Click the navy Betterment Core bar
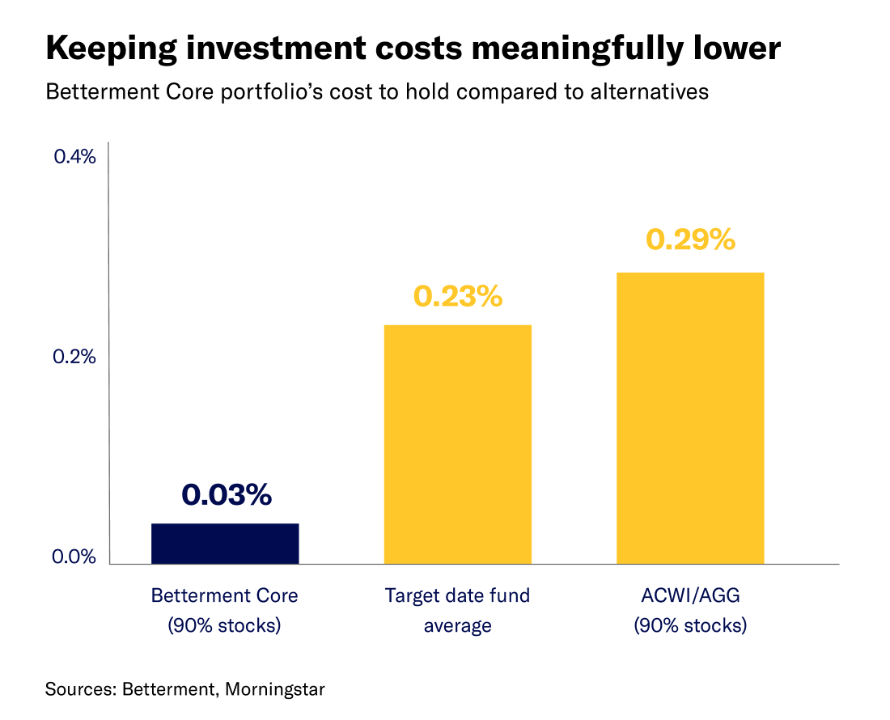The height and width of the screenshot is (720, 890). (x=225, y=543)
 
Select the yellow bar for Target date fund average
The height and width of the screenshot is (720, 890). (x=457, y=444)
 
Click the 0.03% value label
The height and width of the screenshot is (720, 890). (x=226, y=494)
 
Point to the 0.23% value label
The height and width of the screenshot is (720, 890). (x=458, y=296)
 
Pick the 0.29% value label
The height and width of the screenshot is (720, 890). (x=690, y=239)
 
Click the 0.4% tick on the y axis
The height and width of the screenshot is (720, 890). (x=74, y=157)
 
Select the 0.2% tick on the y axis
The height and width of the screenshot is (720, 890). (x=74, y=357)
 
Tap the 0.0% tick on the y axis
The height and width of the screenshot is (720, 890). (x=74, y=557)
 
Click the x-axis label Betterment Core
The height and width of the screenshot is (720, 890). (x=225, y=596)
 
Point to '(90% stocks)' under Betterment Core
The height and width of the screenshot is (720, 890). (x=225, y=625)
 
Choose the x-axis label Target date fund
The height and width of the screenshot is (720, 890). (x=457, y=596)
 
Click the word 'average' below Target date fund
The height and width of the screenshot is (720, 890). (x=457, y=625)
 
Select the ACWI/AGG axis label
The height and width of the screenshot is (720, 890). (x=689, y=596)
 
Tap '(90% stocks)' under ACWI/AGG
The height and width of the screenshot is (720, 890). (x=689, y=625)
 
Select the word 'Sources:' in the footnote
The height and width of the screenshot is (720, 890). (x=80, y=690)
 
